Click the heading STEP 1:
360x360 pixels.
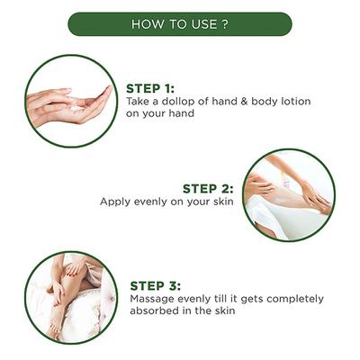[x=150, y=88]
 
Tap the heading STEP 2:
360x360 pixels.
[x=208, y=189]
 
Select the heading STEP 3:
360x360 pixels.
[x=156, y=286]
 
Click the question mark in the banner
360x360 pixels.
[x=225, y=24]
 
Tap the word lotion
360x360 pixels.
[x=295, y=101]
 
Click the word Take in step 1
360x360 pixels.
[x=138, y=101]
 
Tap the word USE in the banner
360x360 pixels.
[x=205, y=24]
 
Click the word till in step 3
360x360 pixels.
[x=221, y=299]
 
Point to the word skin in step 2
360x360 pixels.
[x=223, y=202]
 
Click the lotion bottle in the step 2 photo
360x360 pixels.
[x=287, y=180]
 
